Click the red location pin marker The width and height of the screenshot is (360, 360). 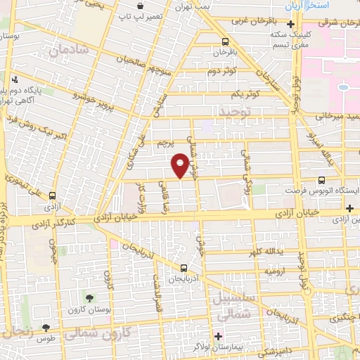click(x=180, y=165)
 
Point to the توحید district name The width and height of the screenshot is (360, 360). click(x=234, y=112)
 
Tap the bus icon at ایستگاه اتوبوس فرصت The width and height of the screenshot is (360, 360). click(x=321, y=180)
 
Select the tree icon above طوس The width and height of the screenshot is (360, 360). click(x=46, y=327)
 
